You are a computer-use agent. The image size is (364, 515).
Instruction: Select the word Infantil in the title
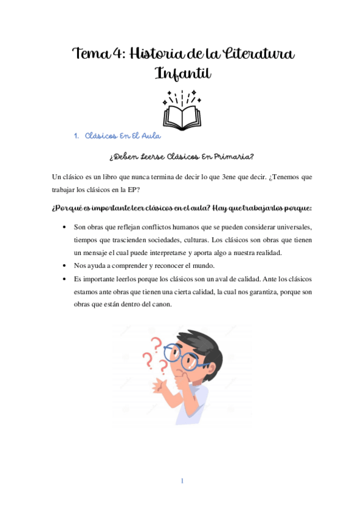click(182, 74)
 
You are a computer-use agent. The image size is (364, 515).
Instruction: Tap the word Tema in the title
click(89, 55)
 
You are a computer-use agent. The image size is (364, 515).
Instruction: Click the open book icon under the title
click(182, 112)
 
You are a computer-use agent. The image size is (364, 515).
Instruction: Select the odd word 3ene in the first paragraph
click(227, 177)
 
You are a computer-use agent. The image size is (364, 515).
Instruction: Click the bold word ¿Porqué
click(67, 209)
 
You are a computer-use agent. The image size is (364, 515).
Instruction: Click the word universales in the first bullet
click(289, 227)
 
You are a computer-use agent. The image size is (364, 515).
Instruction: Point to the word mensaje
click(99, 253)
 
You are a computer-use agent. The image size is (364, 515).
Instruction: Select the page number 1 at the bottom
click(182, 482)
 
